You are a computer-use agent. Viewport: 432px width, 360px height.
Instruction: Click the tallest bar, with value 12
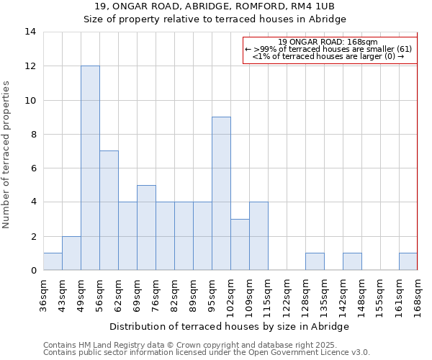click(90, 168)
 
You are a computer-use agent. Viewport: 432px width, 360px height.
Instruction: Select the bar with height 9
click(221, 193)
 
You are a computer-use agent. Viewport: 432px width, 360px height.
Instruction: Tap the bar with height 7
click(109, 210)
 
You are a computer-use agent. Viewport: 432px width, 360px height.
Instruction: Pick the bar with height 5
click(146, 228)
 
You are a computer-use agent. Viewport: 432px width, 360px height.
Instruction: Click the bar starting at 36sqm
click(53, 261)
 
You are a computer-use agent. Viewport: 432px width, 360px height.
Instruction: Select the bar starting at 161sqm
click(408, 261)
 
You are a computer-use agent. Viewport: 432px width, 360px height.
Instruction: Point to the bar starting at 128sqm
click(315, 261)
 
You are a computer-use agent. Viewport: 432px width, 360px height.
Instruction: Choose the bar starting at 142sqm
click(352, 261)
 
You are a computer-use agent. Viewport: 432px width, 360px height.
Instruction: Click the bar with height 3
click(240, 244)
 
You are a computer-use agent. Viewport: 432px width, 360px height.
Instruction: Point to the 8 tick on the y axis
click(32, 134)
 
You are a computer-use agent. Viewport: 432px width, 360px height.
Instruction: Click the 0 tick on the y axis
click(32, 270)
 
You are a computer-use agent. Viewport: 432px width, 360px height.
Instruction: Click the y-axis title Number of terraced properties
click(7, 155)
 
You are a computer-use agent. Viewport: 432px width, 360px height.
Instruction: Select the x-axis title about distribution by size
click(230, 326)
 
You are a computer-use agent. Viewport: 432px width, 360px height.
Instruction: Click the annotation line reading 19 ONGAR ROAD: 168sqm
click(328, 42)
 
